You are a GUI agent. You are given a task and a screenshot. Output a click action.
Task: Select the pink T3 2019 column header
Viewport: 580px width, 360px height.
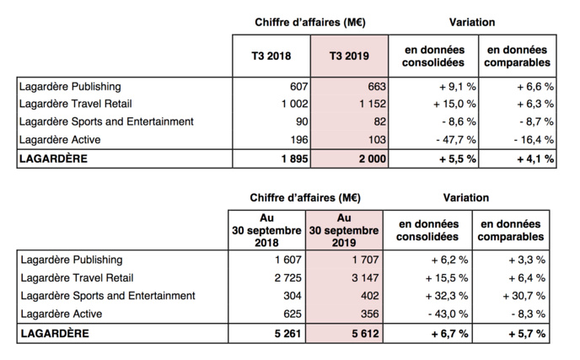pyautogui.click(x=349, y=56)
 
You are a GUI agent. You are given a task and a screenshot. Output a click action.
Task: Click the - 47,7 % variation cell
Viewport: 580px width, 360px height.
pyautogui.click(x=454, y=138)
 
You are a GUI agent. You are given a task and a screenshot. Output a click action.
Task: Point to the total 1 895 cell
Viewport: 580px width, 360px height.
pyautogui.click(x=291, y=159)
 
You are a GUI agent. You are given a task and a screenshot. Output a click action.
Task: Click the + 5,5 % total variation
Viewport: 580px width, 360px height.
pyautogui.click(x=454, y=159)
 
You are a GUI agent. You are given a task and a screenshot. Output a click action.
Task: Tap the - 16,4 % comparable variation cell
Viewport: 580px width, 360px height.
pyautogui.click(x=531, y=138)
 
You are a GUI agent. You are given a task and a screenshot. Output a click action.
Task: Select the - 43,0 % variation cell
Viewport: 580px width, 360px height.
pyautogui.click(x=448, y=313)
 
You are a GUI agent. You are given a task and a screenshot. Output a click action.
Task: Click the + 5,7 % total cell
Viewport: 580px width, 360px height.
pyautogui.click(x=527, y=334)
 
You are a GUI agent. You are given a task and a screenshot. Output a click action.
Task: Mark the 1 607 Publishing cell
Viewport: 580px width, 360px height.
pyautogui.click(x=287, y=260)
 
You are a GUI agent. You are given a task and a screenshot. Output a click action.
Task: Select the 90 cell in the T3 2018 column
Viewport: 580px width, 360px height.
pyautogui.click(x=303, y=121)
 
